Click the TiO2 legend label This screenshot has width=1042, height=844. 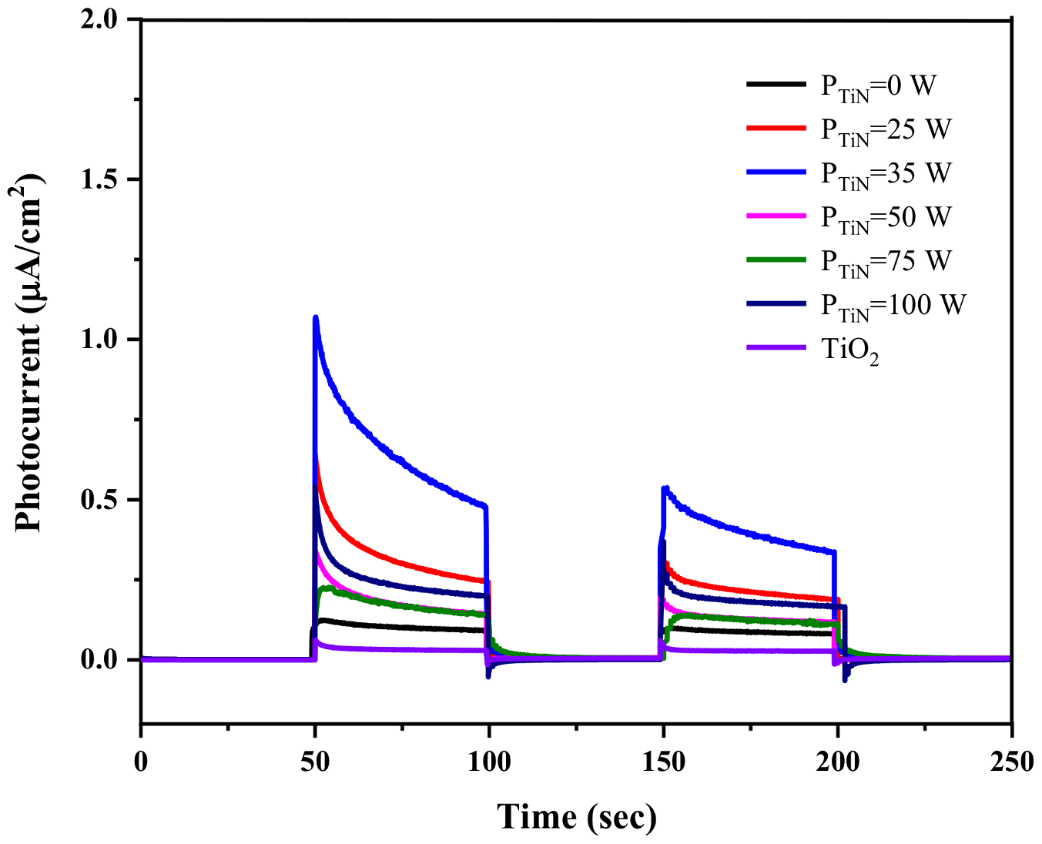coord(849,350)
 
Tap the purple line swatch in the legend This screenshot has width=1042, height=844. coord(776,348)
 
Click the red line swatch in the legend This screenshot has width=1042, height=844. coord(776,128)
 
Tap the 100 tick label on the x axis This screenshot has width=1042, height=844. coord(489,762)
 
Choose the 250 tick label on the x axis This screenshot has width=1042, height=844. coord(1010,762)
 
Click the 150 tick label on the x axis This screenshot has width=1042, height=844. coord(663,762)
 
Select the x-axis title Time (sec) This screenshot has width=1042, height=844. coord(577,816)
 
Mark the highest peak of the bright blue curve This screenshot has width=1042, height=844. coord(315,317)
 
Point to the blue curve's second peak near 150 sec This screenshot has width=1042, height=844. coord(665,487)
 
